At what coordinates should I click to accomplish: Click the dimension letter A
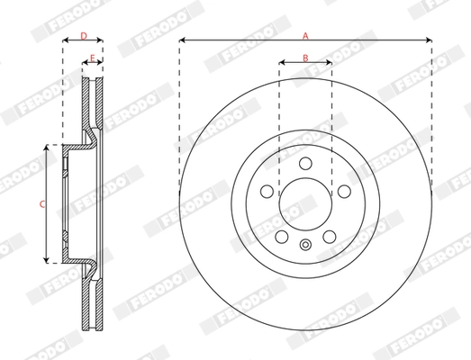(x=305, y=34)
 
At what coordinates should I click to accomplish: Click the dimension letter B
(x=305, y=58)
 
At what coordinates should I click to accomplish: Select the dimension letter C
(x=41, y=204)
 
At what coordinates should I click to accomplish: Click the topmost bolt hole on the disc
(x=305, y=163)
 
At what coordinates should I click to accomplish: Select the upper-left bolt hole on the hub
(x=267, y=191)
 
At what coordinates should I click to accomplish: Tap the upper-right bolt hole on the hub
(x=343, y=191)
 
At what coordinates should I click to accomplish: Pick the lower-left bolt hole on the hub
(x=282, y=236)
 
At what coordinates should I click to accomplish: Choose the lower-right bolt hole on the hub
(x=329, y=236)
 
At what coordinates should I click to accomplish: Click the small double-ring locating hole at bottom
(x=305, y=249)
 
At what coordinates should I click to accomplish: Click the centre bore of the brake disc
(x=305, y=203)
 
